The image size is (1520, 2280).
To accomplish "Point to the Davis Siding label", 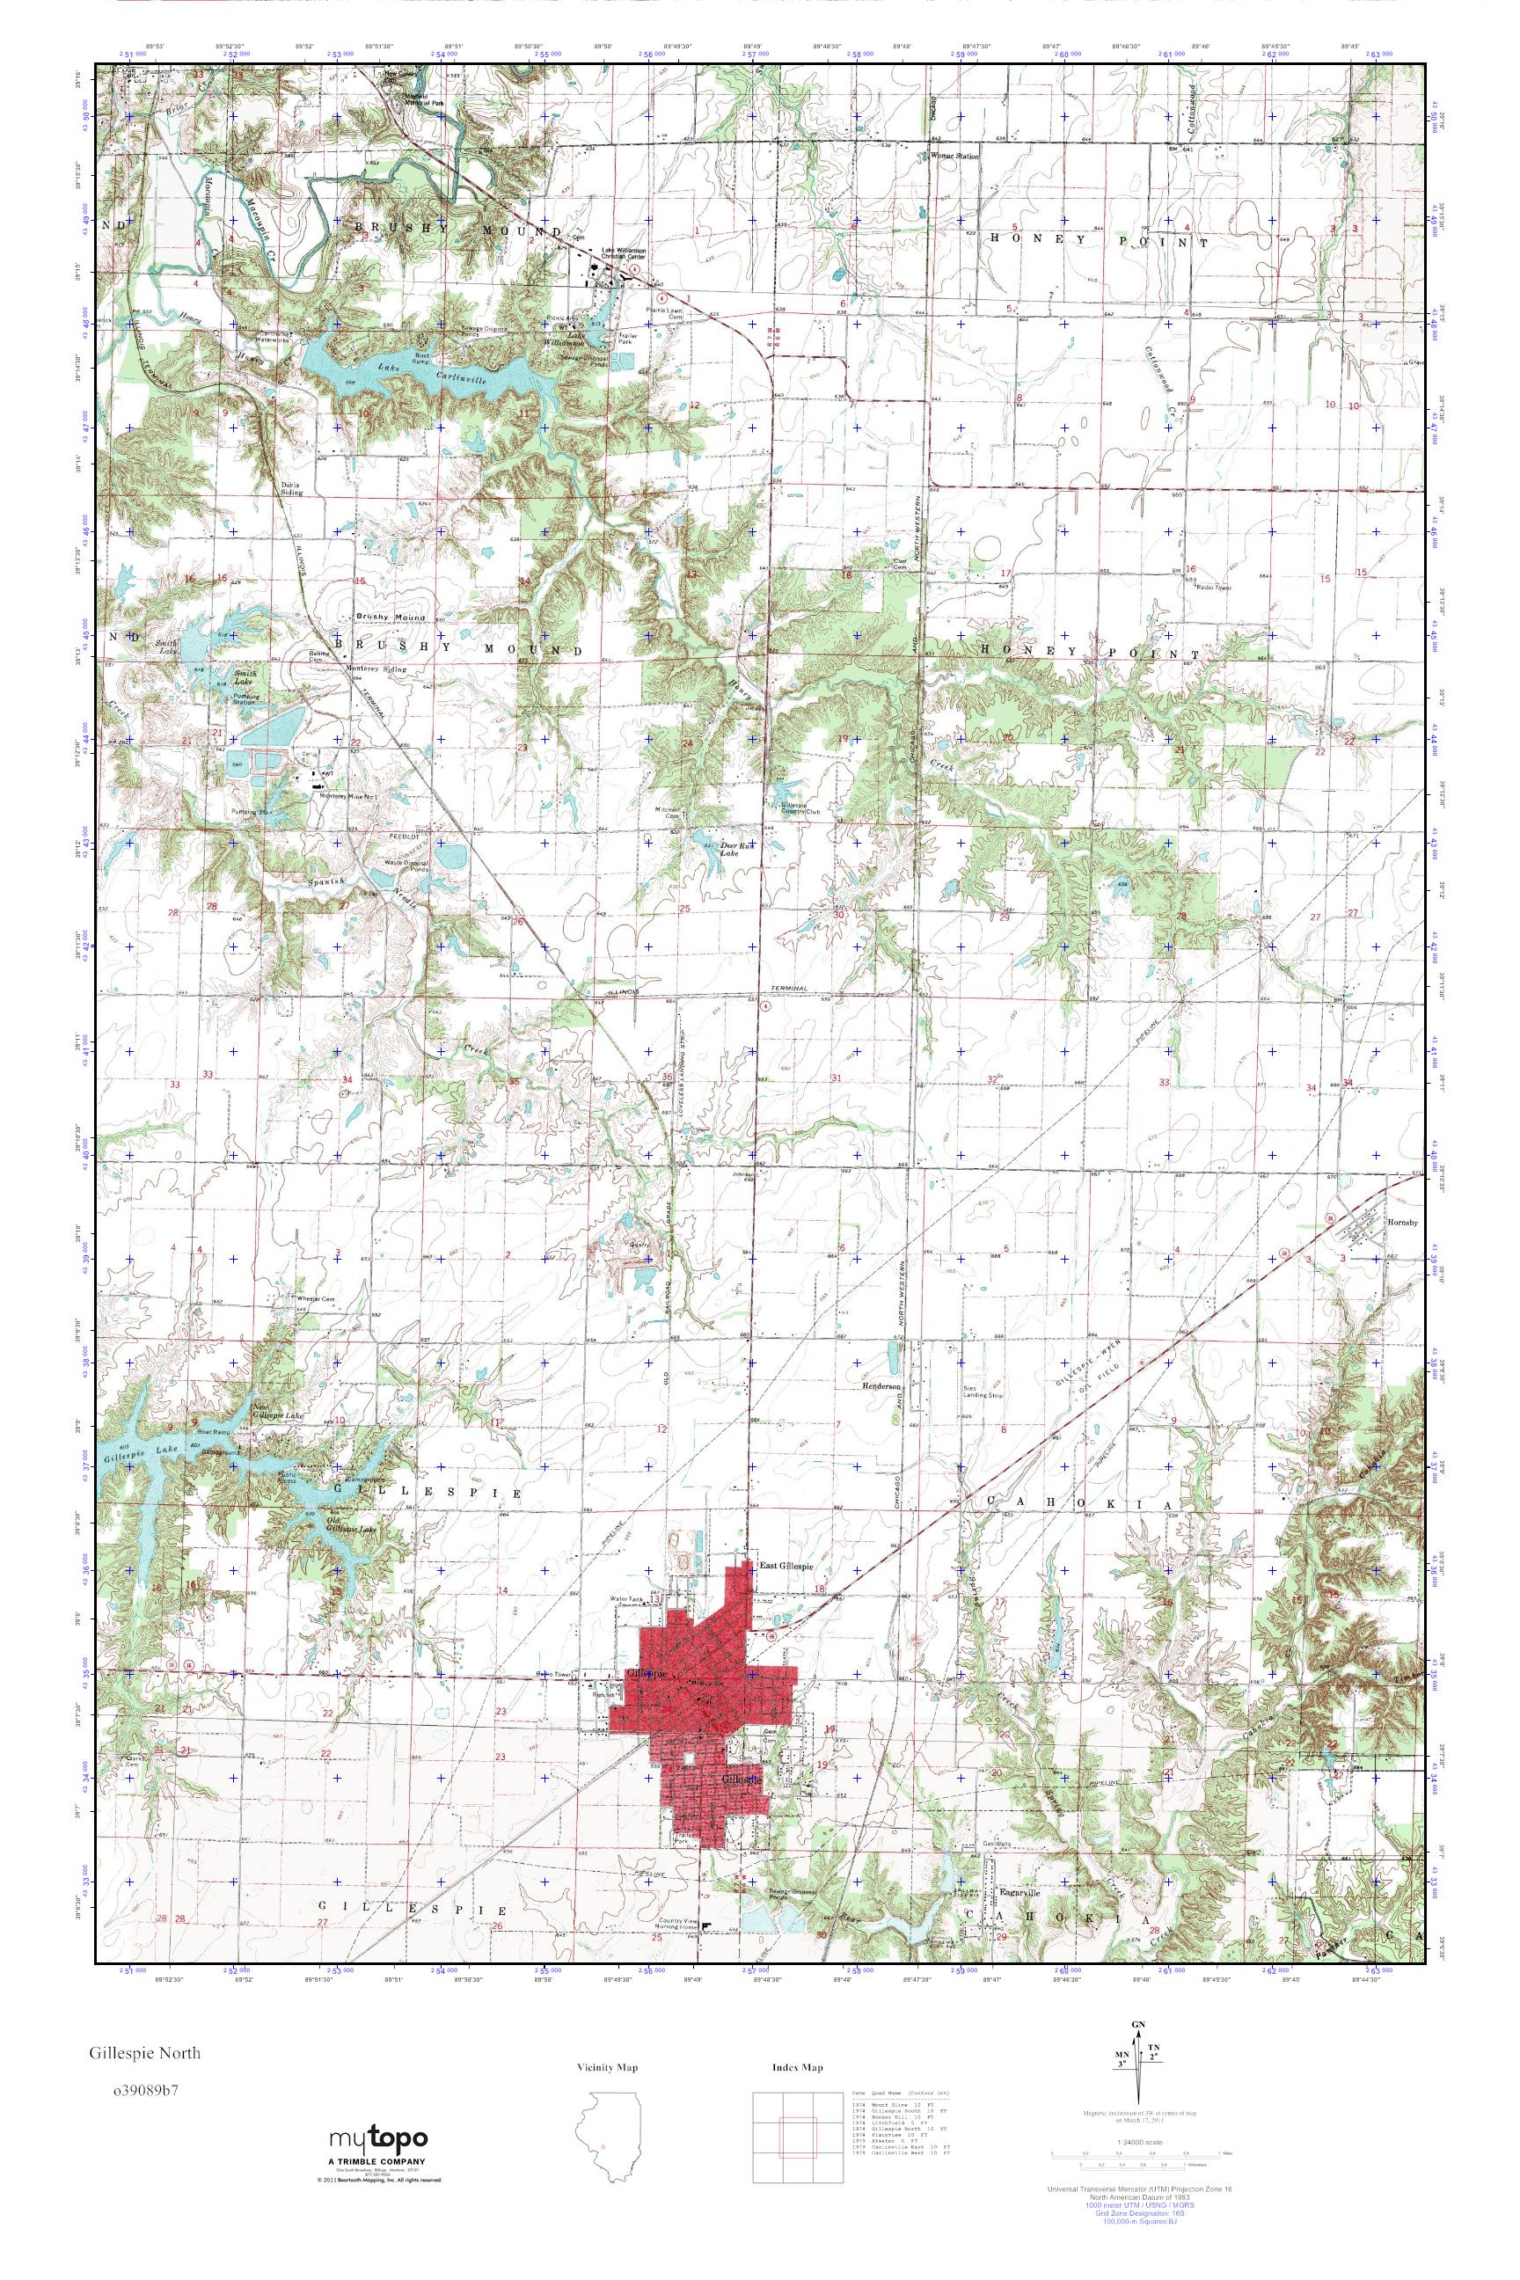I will pos(292,487).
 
